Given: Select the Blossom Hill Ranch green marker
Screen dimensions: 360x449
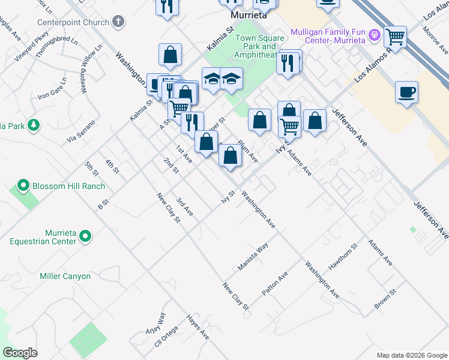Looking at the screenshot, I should pos(23,186).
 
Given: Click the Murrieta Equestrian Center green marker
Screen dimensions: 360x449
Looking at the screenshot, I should pos(85,236).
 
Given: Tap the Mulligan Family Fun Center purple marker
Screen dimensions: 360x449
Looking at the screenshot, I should pos(375,35).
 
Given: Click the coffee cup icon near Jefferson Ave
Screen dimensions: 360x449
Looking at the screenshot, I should pos(407,93).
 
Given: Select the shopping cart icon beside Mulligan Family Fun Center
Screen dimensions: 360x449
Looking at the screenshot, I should pos(395,37).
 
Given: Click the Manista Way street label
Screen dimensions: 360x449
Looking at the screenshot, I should pos(252,257).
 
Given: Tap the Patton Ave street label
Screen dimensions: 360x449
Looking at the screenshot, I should pos(274,283).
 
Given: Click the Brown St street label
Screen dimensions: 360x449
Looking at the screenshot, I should pos(385,299).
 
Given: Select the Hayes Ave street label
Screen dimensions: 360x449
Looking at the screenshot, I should pos(197,327).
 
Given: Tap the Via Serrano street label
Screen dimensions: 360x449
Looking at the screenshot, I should pos(81,132).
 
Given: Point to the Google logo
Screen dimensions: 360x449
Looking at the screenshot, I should pos(20,353).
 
